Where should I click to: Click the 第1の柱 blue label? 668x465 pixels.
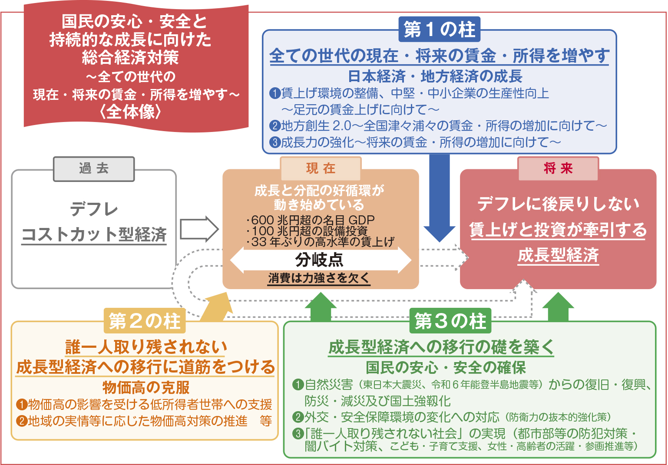439,29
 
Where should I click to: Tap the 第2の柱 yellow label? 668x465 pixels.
145,320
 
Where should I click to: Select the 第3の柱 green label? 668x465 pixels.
450,320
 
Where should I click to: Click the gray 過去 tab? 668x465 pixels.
94,169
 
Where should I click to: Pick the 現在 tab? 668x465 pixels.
321,169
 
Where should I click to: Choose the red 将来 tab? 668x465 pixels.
558,169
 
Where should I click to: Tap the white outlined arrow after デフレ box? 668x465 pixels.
199,229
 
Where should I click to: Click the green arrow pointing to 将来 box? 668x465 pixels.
558,307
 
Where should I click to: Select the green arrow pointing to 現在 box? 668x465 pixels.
321,307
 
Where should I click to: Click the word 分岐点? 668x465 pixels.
319,260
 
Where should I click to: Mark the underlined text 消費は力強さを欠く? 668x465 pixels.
319,278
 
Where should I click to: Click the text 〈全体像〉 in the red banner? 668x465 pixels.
130,112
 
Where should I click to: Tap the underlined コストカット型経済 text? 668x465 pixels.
94,234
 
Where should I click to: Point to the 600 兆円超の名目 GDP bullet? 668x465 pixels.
310,220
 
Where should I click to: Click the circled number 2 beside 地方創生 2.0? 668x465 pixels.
274,126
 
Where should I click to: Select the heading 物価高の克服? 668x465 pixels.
146,387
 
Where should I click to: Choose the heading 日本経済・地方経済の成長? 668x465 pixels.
435,76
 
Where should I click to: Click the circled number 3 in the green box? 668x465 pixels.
298,433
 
